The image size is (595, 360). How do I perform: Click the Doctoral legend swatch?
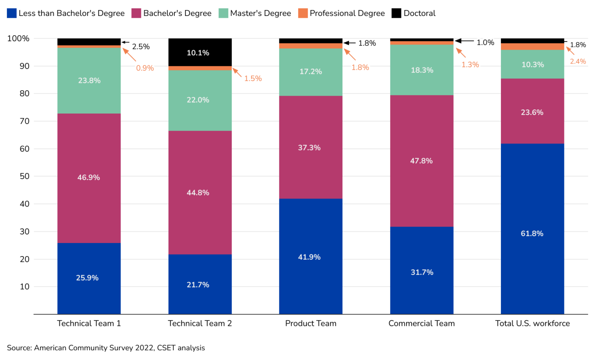396,13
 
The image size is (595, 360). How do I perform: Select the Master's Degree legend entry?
255,13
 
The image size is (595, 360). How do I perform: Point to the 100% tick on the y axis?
18,38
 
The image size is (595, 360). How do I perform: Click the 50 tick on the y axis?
24,176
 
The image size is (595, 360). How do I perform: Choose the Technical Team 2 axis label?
200,323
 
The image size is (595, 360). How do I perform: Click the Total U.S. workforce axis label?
532,323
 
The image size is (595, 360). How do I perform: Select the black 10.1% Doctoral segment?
200,52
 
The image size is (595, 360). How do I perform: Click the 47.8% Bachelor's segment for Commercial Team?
421,161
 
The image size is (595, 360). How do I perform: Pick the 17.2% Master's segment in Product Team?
311,72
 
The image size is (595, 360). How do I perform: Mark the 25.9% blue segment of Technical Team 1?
89,278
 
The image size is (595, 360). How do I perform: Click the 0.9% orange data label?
145,68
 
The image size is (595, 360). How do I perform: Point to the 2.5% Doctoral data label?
141,47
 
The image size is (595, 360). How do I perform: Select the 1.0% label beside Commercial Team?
485,43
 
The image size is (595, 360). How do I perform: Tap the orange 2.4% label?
578,61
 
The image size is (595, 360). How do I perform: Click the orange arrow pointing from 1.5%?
237,72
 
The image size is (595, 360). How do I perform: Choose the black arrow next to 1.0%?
464,41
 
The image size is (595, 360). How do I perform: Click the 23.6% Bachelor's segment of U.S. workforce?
532,112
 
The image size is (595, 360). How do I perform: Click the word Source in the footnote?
19,348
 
